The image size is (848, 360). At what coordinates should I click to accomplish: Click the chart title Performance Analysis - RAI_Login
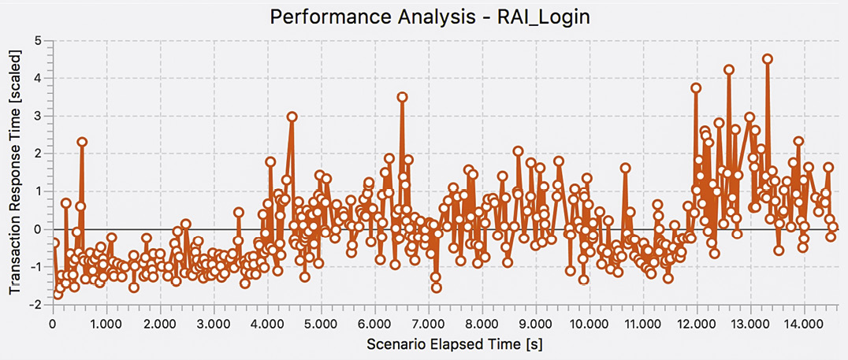pyautogui.click(x=430, y=17)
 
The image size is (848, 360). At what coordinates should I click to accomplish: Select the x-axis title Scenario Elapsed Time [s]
pyautogui.click(x=448, y=345)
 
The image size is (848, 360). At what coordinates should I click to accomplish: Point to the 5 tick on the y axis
pyautogui.click(x=37, y=40)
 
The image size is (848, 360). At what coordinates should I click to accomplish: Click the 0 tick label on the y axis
pyautogui.click(x=37, y=229)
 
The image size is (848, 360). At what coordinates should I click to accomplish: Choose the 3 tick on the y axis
pyautogui.click(x=37, y=116)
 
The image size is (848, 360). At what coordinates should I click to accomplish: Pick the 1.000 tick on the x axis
pyautogui.click(x=106, y=324)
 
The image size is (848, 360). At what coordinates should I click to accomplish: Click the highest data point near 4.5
pyautogui.click(x=768, y=58)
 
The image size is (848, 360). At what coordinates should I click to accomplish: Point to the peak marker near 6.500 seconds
pyautogui.click(x=402, y=97)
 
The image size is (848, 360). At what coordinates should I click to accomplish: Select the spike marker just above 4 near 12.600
pyautogui.click(x=729, y=69)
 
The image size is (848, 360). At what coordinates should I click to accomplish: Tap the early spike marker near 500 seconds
pyautogui.click(x=82, y=142)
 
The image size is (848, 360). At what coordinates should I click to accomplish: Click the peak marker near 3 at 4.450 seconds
pyautogui.click(x=292, y=117)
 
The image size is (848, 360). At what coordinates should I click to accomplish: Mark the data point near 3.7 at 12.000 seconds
pyautogui.click(x=696, y=88)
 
